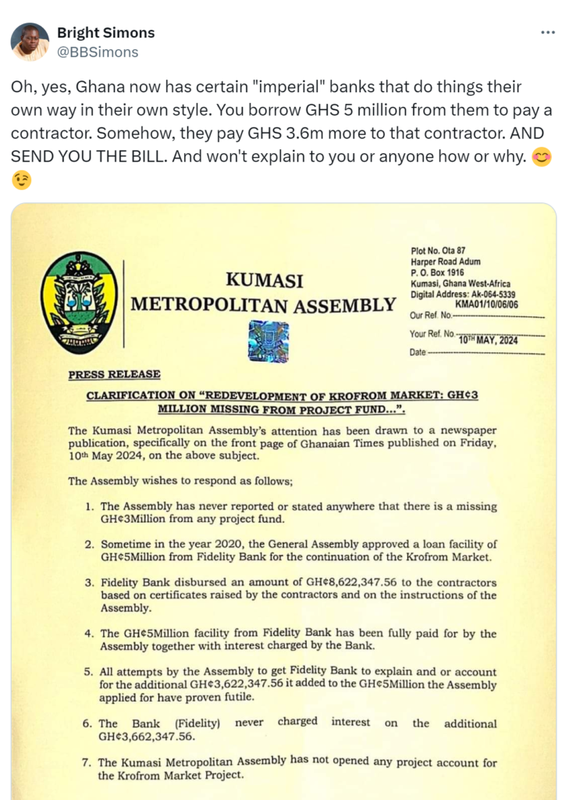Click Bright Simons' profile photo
30,42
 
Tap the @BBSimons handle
98,52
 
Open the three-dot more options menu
548,34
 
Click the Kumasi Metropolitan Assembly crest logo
79,302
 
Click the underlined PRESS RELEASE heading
114,374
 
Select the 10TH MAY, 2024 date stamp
488,340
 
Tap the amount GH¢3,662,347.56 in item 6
151,736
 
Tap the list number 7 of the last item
90,762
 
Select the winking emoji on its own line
22,180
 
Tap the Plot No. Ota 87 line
438,251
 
